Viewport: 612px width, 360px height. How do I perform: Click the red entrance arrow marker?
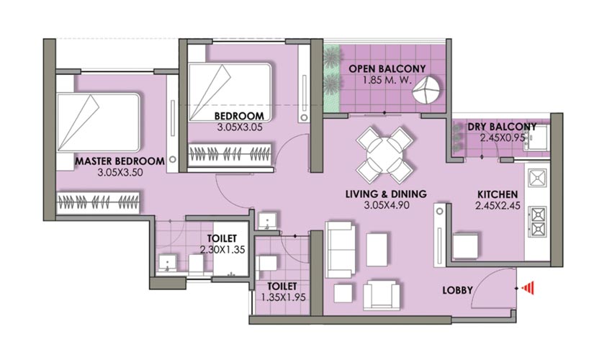click(528, 288)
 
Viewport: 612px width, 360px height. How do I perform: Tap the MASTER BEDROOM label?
click(120, 161)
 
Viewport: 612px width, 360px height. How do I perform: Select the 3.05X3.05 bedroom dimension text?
click(240, 127)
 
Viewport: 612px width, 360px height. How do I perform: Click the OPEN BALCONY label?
click(387, 68)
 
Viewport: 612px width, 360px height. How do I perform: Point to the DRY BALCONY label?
click(502, 127)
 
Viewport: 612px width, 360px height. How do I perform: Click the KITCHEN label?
click(498, 194)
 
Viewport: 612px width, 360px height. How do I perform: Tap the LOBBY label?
click(457, 290)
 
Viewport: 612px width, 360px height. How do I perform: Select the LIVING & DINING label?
click(386, 194)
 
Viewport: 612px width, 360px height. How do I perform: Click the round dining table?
click(385, 155)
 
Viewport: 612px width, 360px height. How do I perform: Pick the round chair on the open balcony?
click(428, 90)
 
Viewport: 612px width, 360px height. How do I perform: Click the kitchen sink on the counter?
click(537, 178)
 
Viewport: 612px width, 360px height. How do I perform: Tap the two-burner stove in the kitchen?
click(537, 222)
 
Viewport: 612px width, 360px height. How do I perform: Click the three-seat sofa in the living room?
click(341, 248)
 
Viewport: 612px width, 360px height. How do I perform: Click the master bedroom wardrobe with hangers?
click(98, 202)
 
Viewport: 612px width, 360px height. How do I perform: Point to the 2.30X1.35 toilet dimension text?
click(222, 250)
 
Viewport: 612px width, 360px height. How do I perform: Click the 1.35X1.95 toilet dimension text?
click(284, 297)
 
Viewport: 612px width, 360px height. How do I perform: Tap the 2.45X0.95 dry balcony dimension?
click(503, 138)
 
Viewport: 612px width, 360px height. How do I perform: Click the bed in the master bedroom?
click(99, 122)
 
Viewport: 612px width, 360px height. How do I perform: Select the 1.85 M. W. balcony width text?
click(387, 81)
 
